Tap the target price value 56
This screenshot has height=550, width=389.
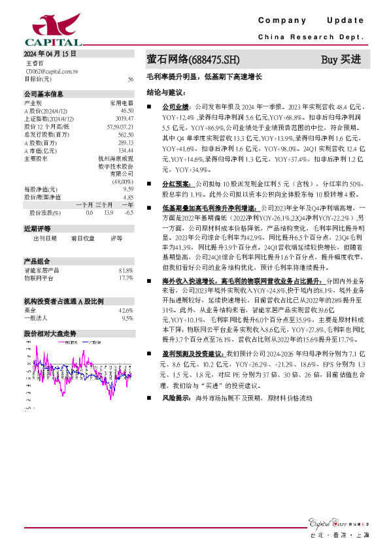[131, 79]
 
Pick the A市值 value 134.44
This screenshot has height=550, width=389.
[126, 150]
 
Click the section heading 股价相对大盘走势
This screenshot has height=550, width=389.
[50, 332]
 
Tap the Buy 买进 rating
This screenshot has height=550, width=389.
[341, 60]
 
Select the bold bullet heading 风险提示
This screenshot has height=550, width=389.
[175, 397]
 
